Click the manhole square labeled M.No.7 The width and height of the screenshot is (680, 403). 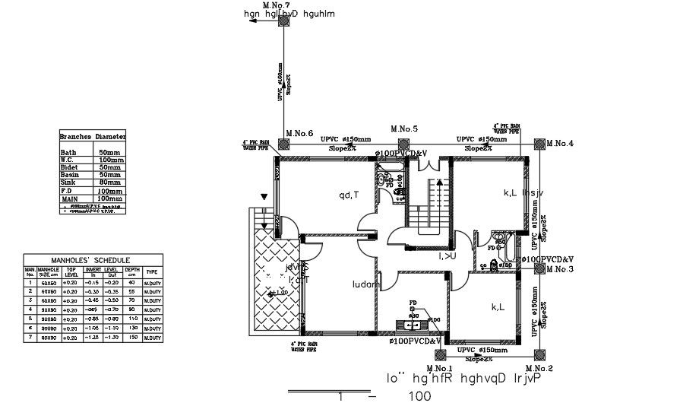click(283, 22)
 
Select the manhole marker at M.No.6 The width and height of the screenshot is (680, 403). click(283, 143)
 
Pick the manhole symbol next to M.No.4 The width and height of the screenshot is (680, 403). click(539, 143)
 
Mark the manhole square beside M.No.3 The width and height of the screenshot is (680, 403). click(539, 269)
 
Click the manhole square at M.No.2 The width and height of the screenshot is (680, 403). click(539, 353)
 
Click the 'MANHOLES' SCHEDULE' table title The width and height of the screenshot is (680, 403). click(93, 260)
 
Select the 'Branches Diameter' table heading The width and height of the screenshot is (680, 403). click(93, 136)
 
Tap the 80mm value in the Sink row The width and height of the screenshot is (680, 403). click(109, 182)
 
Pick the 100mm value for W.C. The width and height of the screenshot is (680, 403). click(111, 160)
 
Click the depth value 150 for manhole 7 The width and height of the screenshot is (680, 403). click(132, 337)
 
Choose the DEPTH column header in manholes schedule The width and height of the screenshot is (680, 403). click(132, 271)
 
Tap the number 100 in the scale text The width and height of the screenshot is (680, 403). click(419, 396)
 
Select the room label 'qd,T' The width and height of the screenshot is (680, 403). click(349, 195)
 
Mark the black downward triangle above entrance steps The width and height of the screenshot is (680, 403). click(264, 198)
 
